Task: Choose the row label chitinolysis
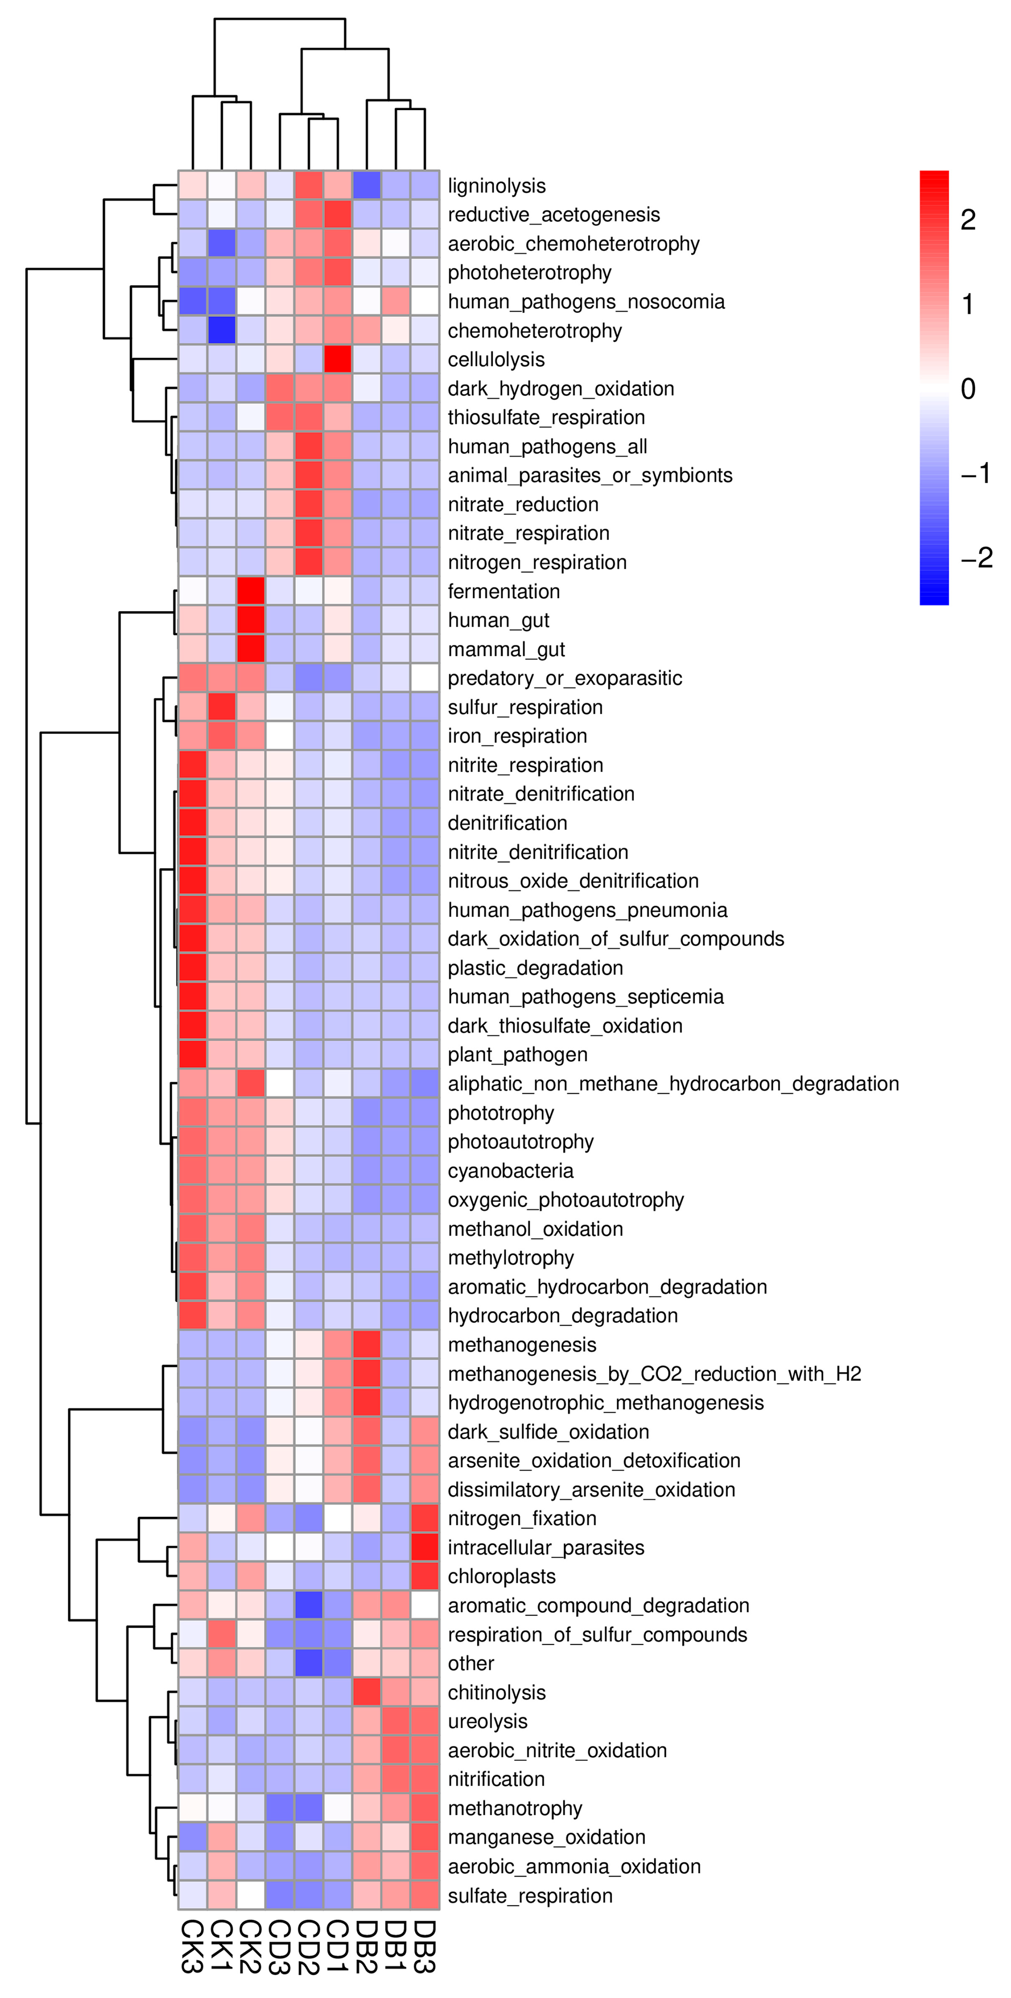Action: (497, 1692)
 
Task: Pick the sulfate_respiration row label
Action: (530, 1896)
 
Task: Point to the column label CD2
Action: (309, 1947)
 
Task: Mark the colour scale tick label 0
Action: (967, 389)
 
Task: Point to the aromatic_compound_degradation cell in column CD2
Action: (309, 1605)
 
